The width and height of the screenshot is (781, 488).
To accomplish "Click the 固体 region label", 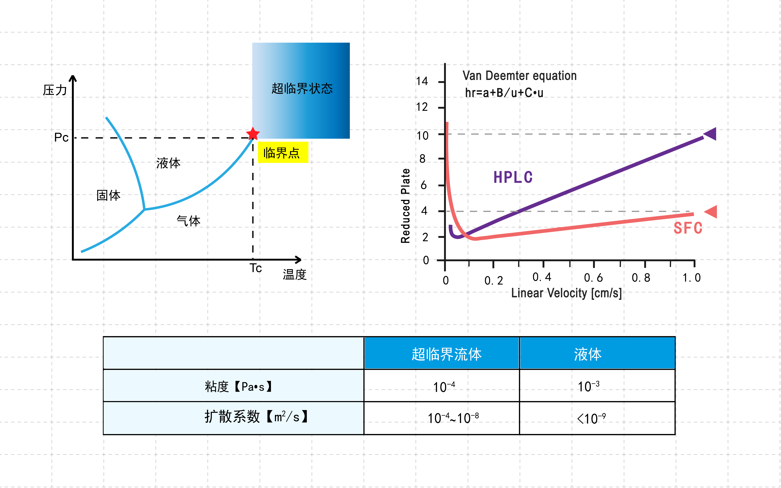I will pos(108,195).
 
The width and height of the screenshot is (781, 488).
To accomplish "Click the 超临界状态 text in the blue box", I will pos(302,88).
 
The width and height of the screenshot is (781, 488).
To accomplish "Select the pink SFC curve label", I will pos(688,228).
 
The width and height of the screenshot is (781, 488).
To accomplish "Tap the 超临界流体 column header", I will pos(447,354).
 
